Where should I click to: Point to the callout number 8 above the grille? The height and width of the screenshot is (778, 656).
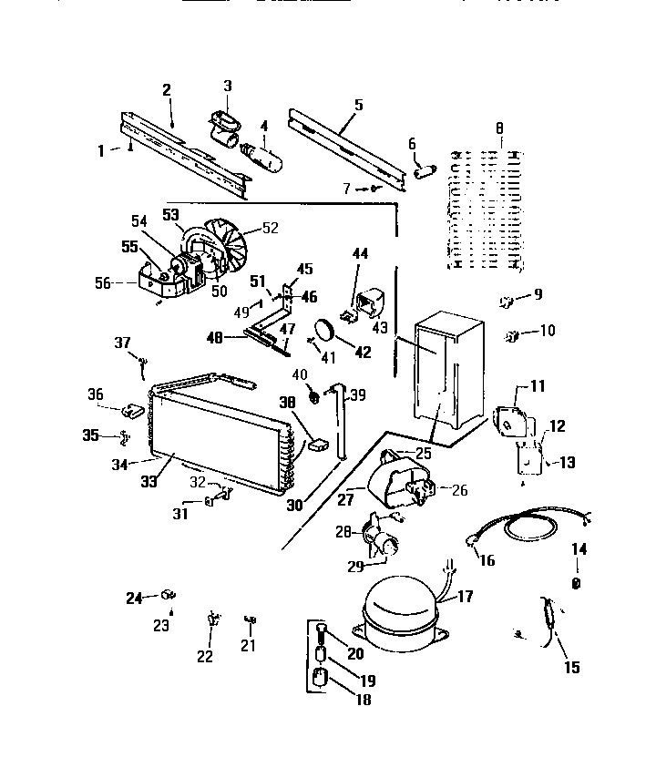pos(498,129)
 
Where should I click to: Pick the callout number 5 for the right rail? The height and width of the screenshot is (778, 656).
pos(357,104)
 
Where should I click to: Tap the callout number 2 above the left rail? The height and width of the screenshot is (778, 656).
pos(167,89)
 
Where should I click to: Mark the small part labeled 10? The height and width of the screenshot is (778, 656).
pos(511,337)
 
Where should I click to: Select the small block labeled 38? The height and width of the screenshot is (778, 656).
pos(318,445)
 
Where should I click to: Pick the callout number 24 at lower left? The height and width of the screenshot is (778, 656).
pos(135,598)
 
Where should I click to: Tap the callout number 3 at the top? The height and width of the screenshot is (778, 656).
pos(228,86)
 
